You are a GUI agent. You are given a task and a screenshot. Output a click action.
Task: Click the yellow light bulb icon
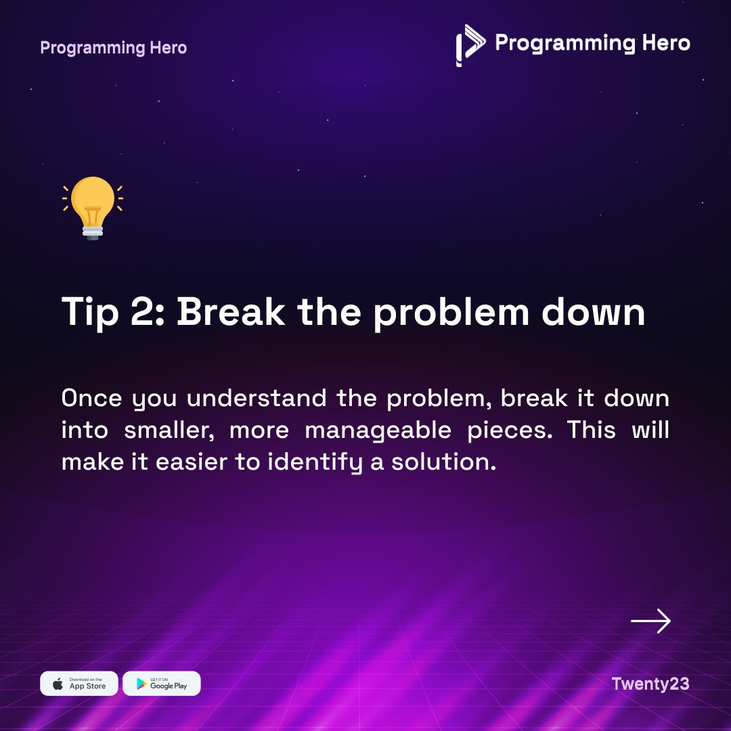pyautogui.click(x=93, y=203)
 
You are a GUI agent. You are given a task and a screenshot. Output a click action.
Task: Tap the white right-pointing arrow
pyautogui.click(x=650, y=621)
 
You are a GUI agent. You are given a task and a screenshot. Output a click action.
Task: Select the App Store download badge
pyautogui.click(x=79, y=684)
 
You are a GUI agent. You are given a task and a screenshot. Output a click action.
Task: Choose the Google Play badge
pyautogui.click(x=162, y=684)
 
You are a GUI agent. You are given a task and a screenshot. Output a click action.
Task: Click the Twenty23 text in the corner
pyautogui.click(x=650, y=684)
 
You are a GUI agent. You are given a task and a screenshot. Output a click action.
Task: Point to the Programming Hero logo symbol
pyautogui.click(x=470, y=45)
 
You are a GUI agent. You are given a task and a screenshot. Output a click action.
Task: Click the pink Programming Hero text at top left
pyautogui.click(x=113, y=48)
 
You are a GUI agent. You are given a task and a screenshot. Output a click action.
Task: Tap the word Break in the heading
pyautogui.click(x=231, y=312)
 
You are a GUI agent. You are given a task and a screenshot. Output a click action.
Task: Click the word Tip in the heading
pyautogui.click(x=87, y=312)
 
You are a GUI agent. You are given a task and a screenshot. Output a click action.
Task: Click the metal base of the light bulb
pyautogui.click(x=93, y=232)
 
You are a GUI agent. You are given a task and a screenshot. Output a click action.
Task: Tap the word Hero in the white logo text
pyautogui.click(x=663, y=43)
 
